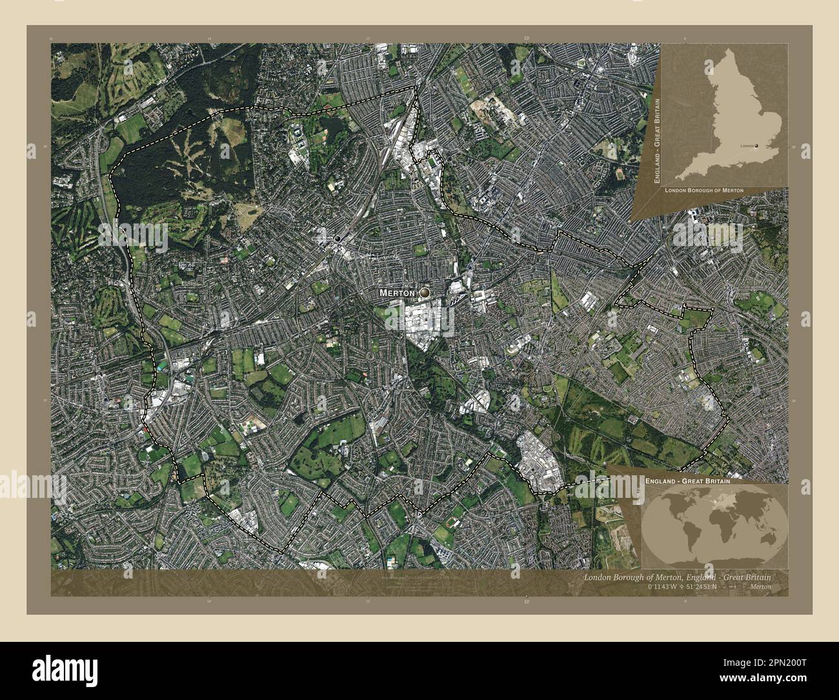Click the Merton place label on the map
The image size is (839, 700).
[396, 293]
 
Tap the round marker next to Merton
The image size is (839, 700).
[424, 293]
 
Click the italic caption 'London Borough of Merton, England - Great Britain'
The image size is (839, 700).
[677, 577]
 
